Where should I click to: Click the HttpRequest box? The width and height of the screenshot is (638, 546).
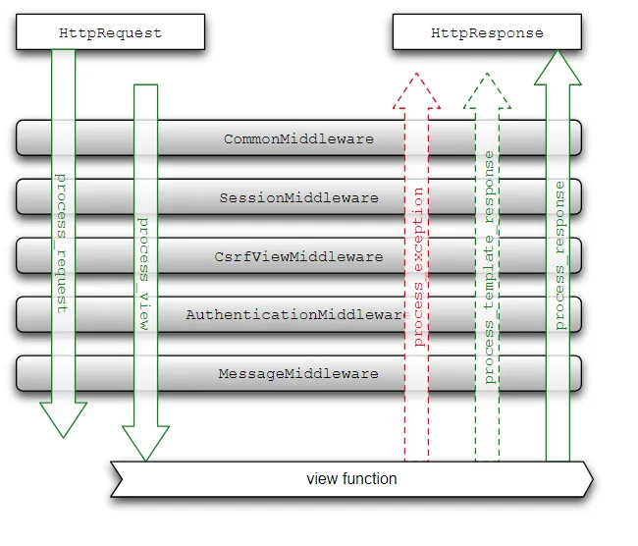(x=110, y=32)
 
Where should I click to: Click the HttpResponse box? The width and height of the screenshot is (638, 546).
(x=487, y=32)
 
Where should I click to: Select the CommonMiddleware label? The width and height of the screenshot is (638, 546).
(x=298, y=138)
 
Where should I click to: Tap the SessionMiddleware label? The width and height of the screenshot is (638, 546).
(x=298, y=197)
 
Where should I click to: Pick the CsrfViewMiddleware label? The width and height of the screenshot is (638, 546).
(x=298, y=256)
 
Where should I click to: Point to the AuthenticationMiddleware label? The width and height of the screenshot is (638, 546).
(x=294, y=315)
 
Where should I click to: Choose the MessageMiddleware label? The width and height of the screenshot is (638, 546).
(x=298, y=373)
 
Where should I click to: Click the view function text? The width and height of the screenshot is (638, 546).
(x=351, y=479)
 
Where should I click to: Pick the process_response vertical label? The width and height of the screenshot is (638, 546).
(x=558, y=255)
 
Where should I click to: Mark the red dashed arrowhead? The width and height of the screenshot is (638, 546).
(x=417, y=89)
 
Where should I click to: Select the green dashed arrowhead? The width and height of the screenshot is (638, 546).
(x=488, y=89)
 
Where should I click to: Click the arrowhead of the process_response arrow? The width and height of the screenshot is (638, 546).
(x=558, y=68)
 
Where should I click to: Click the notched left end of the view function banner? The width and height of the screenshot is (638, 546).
(x=116, y=479)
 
